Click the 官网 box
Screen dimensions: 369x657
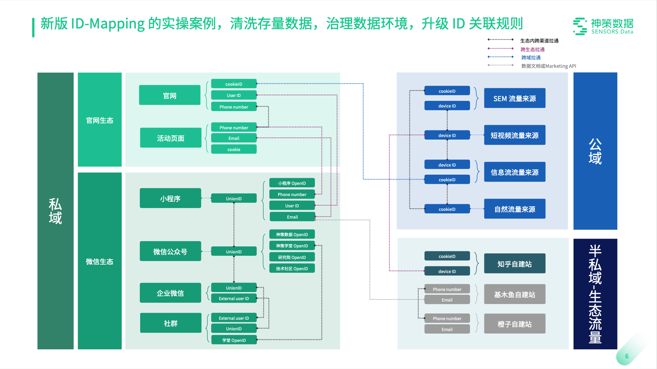click(x=170, y=95)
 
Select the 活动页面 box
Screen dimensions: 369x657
click(x=170, y=138)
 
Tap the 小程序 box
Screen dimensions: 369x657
click(x=170, y=198)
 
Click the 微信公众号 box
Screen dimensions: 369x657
click(x=170, y=251)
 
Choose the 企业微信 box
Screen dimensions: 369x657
click(x=170, y=293)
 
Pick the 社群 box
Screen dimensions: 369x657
click(x=170, y=323)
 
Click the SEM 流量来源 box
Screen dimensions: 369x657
click(x=514, y=98)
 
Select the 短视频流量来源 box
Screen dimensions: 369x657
click(x=514, y=135)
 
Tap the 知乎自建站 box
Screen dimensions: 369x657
click(x=514, y=264)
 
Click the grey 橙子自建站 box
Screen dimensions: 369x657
click(x=514, y=324)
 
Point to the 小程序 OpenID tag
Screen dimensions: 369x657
click(x=292, y=183)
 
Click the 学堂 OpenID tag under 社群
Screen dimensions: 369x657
click(x=234, y=340)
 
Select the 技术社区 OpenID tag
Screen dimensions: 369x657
click(x=292, y=268)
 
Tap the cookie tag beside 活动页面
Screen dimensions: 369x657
click(x=234, y=149)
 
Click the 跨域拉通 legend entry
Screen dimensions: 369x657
click(x=531, y=58)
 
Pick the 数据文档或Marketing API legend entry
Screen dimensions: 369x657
click(x=548, y=66)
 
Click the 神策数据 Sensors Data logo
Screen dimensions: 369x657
click(x=603, y=26)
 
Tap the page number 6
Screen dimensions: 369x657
click(x=627, y=356)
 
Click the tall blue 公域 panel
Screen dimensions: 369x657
click(x=595, y=151)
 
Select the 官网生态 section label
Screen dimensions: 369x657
click(x=100, y=120)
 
